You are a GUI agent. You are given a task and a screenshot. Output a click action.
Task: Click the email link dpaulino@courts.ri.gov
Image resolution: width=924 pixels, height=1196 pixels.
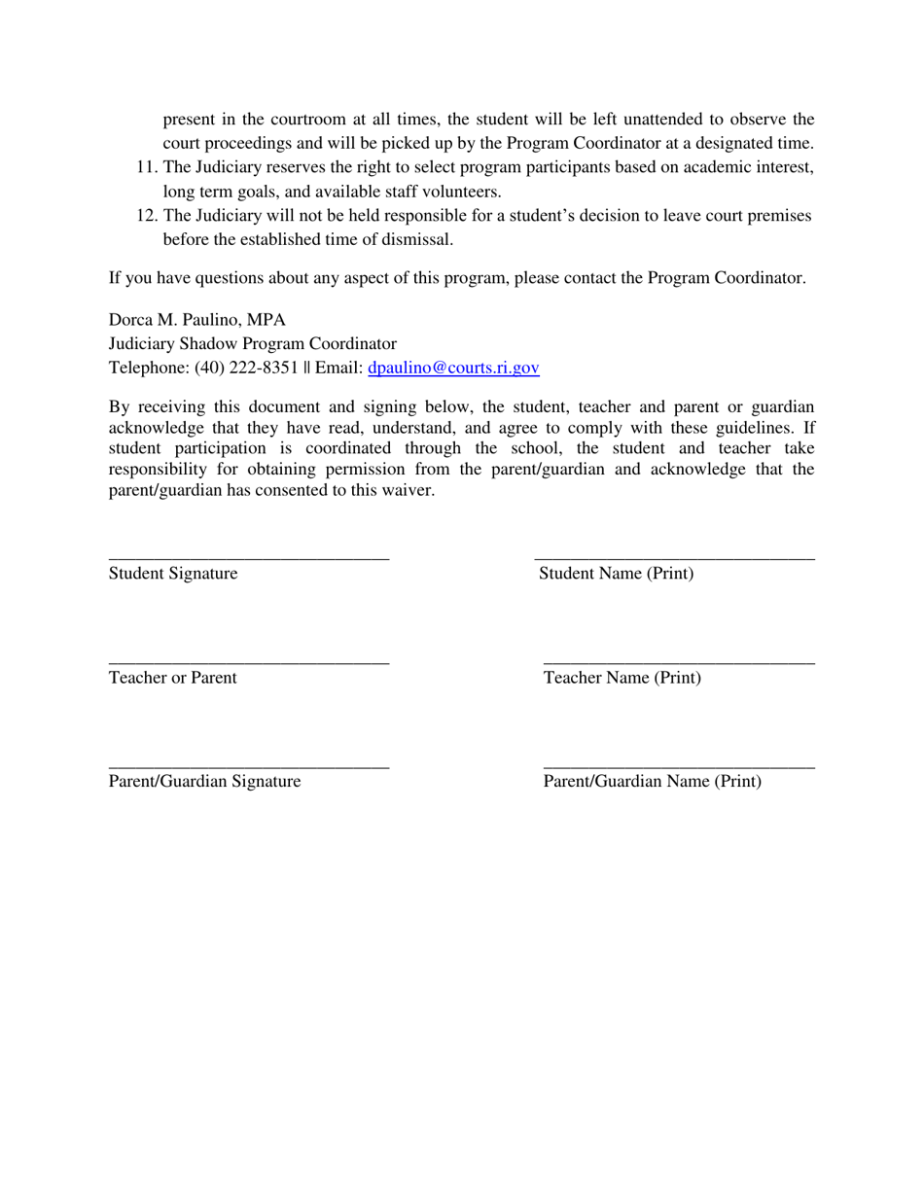[x=453, y=368]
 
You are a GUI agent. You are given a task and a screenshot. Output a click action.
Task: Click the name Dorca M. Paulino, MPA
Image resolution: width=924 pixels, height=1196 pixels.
[x=197, y=319]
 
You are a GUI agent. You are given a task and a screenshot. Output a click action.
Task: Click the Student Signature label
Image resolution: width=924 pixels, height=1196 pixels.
[x=173, y=574]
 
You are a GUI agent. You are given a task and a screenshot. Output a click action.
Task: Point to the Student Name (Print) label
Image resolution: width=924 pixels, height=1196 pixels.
[x=617, y=574]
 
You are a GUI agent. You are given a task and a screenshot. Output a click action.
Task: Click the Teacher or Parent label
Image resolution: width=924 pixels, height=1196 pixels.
[x=172, y=678]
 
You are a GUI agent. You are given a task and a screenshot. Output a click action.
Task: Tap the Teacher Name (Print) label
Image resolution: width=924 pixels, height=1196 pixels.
[x=622, y=678]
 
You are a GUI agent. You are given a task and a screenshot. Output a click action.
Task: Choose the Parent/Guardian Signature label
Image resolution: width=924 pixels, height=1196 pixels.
[x=204, y=782]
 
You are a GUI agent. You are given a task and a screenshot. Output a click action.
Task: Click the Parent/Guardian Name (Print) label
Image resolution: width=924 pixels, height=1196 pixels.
[x=653, y=782]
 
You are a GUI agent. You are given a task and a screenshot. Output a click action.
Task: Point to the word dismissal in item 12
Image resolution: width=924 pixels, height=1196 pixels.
[x=420, y=239]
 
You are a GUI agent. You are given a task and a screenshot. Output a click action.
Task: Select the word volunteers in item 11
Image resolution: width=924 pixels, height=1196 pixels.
[x=460, y=192]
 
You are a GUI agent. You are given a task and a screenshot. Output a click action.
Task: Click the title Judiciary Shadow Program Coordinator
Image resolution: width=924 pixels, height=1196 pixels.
[x=253, y=343]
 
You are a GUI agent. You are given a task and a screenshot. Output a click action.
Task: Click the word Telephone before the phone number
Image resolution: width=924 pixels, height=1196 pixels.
[x=149, y=368]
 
